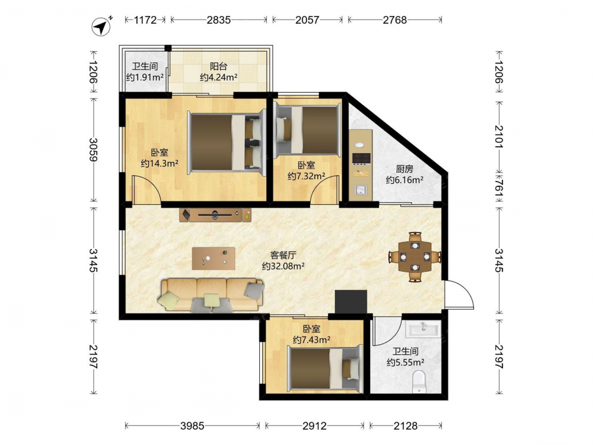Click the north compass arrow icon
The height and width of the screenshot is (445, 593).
pos(101,27)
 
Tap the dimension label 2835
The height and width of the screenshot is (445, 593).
pos(219,20)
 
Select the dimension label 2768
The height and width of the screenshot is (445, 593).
pos(394,20)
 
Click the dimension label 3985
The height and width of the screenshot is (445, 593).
pos(193,426)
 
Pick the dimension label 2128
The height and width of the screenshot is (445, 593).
pos(406,426)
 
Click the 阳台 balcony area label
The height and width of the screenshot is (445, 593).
pos(219,66)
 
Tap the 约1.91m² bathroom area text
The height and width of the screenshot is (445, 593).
pos(145,77)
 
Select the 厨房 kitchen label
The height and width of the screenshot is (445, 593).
pos(404,169)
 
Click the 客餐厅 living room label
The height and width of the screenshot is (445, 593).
pos(283,255)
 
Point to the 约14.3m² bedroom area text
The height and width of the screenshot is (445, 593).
pos(160,164)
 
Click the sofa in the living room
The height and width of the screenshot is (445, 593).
pos(212,295)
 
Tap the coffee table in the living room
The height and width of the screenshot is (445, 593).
pos(213,259)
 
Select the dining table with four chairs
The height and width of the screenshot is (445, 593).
pos(415,257)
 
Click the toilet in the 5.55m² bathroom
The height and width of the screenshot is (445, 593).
pos(419,382)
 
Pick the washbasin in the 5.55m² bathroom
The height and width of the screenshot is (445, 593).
pos(423,329)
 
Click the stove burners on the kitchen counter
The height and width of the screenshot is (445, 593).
pos(361,158)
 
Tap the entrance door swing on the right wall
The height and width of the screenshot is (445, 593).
pos(459,294)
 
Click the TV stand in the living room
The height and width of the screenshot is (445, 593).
pos(215,215)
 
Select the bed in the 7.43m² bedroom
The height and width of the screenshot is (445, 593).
pos(325,368)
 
